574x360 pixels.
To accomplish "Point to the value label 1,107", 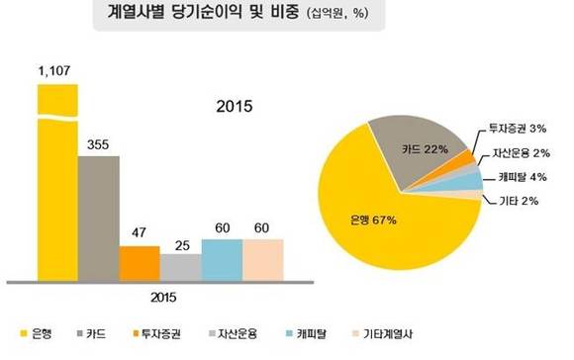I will tap(56, 71).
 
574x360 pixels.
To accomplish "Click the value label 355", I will tap(98, 144).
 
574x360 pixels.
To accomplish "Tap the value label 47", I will tap(140, 234).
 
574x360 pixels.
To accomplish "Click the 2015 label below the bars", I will tap(159, 294).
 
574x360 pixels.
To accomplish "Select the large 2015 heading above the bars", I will tap(236, 106).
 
